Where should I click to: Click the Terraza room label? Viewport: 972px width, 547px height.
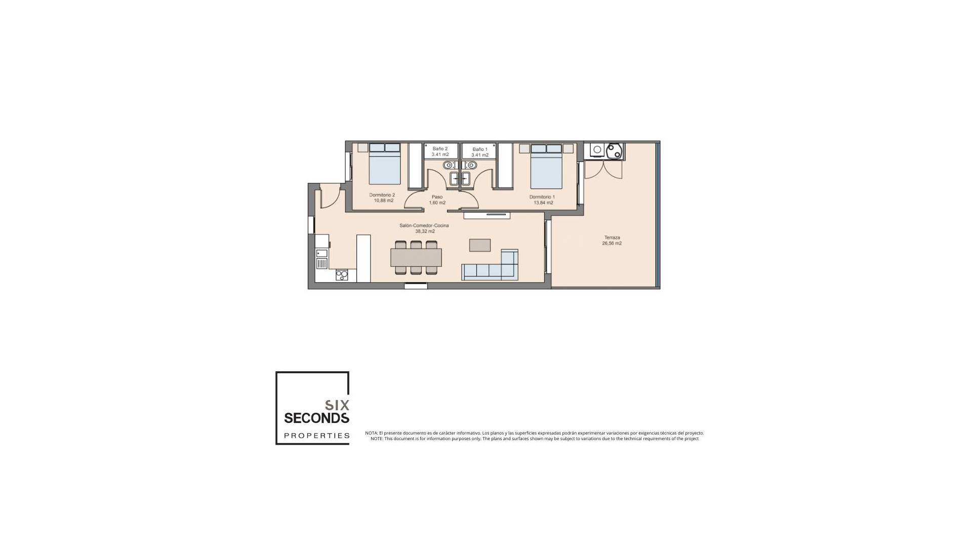pos(612,238)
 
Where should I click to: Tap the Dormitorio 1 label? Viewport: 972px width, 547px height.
pos(542,197)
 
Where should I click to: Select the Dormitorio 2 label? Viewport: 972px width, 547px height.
pos(382,195)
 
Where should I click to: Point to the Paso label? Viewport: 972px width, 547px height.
pos(437,197)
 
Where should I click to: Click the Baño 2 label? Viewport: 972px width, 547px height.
pos(440,149)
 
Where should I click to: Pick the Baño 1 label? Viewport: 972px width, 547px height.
pos(480,149)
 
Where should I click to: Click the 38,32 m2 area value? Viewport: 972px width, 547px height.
pos(425,231)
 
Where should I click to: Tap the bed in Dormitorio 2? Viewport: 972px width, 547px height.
pos(385,164)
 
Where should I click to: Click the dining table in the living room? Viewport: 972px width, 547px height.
pos(416,257)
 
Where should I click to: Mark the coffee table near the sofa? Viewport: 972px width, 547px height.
pos(479,245)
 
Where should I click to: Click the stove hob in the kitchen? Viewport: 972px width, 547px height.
pos(342,275)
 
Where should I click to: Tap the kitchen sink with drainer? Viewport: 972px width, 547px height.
pos(321,258)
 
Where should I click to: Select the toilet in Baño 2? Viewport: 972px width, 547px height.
pos(448,165)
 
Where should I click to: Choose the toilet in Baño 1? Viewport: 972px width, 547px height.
pos(472,165)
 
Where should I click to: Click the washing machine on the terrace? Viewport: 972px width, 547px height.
pos(597,150)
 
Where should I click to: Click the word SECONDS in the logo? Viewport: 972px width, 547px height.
pos(316,418)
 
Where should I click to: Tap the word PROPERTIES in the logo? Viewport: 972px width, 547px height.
pos(316,436)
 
